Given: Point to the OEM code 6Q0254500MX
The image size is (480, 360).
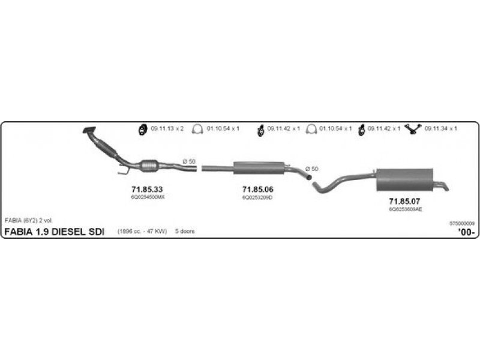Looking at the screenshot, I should tap(147, 197).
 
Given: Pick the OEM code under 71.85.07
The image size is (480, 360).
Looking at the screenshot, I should tap(405, 209).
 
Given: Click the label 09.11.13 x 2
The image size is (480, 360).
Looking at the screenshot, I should tap(167, 128).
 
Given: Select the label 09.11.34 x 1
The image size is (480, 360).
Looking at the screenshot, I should tap(441, 128).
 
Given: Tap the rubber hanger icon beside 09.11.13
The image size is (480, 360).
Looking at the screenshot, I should tap(143, 128).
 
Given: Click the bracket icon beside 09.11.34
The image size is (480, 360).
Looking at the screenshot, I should tap(413, 128).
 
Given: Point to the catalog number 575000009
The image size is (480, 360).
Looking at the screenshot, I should tap(461, 223).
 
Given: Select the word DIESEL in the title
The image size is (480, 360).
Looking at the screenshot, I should tap(68, 232).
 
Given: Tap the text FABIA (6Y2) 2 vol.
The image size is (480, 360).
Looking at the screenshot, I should tap(29, 221).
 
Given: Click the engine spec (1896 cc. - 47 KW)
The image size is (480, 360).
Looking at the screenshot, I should tap(142, 232).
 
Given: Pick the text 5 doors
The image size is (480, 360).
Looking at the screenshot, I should tap(185, 232).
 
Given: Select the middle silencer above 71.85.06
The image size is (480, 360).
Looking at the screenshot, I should tap(258, 167).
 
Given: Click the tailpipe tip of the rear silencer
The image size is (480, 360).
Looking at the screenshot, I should tap(443, 187).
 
